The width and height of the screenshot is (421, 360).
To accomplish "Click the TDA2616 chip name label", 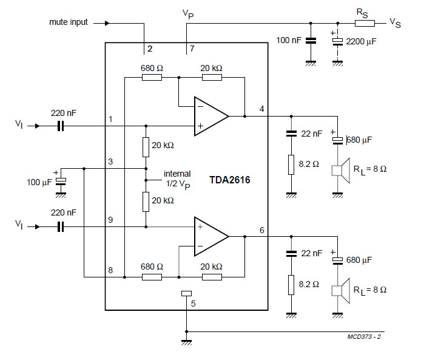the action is tap(229, 180).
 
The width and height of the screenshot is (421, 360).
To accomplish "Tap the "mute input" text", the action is tap(69, 22).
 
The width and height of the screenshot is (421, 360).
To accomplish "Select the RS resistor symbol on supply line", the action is tap(365, 24).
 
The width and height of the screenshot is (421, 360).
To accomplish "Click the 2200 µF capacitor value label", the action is tap(361, 41).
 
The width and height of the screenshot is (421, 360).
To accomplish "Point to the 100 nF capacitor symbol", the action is tap(311, 41).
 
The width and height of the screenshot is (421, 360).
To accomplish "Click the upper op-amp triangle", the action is tap(211, 117).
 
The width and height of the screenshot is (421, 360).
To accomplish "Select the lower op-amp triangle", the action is tap(211, 236).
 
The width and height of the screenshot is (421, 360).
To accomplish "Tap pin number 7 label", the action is tap(192, 49).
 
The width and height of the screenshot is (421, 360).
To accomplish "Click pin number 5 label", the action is tap(193, 304).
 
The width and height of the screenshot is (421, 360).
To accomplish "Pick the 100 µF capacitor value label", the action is tap(39, 182).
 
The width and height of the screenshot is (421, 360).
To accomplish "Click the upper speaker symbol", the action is tap(341, 171).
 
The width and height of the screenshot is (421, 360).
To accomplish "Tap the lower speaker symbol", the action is tap(341, 291).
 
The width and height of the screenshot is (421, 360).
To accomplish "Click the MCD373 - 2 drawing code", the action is tap(364, 336).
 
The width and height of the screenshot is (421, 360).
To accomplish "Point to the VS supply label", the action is tap(395, 23).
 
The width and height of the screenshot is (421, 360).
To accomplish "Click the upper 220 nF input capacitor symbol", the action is tap(61, 126).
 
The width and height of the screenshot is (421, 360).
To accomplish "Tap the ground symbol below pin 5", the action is tap(187, 342).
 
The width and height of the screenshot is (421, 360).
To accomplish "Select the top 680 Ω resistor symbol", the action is tap(152, 78).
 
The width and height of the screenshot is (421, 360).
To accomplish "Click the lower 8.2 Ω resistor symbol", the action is tap(291, 285).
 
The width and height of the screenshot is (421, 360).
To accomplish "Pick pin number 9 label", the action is tap(110, 220).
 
